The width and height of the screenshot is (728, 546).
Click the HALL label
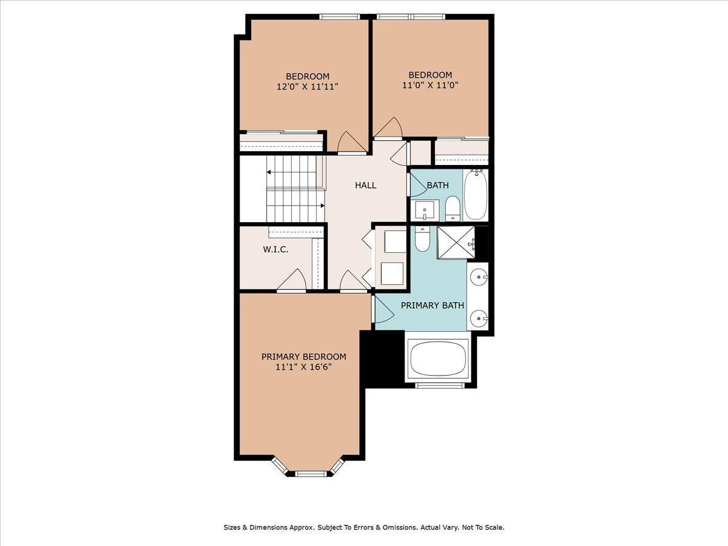366,185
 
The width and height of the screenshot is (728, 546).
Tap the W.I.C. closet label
275,249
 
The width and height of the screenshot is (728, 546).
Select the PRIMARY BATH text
433,305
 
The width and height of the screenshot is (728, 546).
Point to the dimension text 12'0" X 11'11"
307,86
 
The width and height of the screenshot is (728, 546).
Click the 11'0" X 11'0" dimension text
430,85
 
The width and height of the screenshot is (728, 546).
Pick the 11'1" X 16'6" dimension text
303,366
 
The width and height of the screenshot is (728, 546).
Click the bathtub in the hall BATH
476,195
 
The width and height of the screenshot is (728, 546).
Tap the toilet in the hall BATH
453,209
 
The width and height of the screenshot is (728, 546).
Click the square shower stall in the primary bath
456,242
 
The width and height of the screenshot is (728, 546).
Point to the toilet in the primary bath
422,238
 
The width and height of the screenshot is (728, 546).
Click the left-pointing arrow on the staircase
269,172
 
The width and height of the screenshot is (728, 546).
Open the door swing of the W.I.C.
292,281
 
